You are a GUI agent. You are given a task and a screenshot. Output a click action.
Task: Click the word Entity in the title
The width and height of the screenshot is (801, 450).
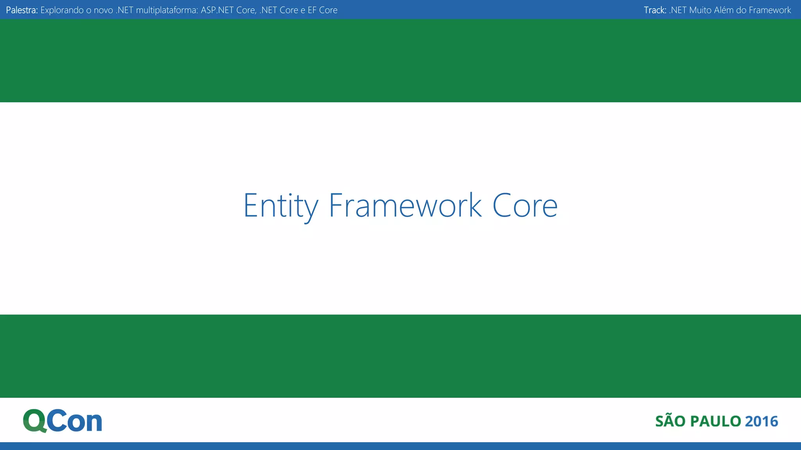pos(280,206)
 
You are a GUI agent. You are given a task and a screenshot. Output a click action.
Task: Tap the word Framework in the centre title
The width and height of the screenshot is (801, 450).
pos(405,206)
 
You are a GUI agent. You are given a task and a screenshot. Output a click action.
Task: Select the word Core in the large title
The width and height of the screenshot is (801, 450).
pos(525,206)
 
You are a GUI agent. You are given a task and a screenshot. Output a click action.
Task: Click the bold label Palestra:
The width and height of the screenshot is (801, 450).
pos(22,10)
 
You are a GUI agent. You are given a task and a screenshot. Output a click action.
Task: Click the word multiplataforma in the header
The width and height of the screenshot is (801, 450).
pos(167,10)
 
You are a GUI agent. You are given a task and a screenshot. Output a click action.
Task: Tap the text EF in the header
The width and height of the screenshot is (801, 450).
pos(312,10)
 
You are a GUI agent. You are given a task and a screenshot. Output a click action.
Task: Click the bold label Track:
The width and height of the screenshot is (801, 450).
pos(655,10)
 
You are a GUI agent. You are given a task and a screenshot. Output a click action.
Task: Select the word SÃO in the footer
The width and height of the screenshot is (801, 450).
pos(670,421)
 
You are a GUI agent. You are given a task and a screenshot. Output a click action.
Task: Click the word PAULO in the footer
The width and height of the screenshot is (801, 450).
pos(715,421)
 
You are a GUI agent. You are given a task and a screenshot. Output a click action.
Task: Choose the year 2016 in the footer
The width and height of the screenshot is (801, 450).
pos(761,421)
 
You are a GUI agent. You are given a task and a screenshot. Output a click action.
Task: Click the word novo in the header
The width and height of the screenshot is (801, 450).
pos(103,10)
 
